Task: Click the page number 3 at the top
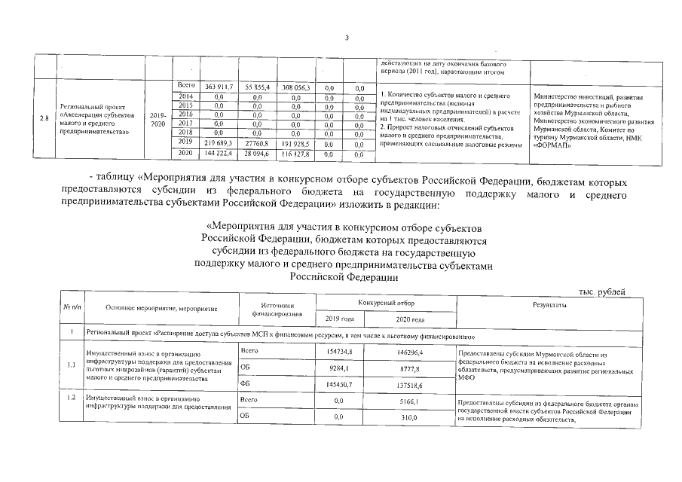coord(347,38)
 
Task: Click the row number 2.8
coord(44,119)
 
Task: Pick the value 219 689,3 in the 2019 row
coord(217,142)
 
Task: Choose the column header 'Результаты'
coord(549,304)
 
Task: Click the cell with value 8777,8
coord(409,369)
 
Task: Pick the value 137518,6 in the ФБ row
coord(409,385)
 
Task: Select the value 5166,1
coord(409,402)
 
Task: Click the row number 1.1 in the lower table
coord(71,367)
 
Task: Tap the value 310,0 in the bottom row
coord(409,416)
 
